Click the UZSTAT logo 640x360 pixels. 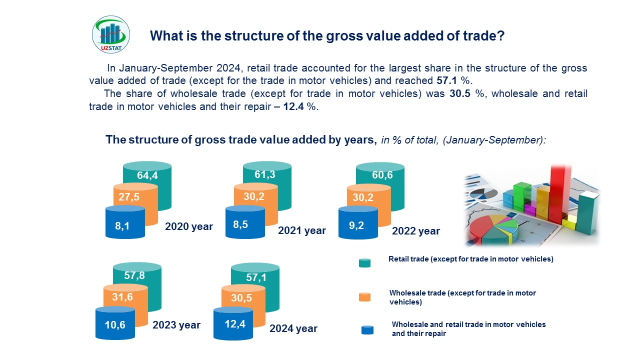pos(111,34)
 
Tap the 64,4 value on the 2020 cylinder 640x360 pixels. pos(147,175)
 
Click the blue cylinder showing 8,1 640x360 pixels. pos(125,222)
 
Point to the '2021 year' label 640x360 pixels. pos(301,230)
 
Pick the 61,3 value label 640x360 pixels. pos(265,174)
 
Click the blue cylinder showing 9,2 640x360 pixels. pos(358,222)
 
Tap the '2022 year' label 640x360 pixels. pos(415,231)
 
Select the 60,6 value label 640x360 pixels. pos(382,175)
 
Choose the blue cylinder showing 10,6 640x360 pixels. pos(115,323)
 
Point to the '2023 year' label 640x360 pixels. pos(176,325)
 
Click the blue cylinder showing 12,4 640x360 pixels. pos(233,323)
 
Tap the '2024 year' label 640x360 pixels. pos(293,328)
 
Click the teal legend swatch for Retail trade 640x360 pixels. pos(364,263)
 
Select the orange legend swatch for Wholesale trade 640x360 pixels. pos(364,297)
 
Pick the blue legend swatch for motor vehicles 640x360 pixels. pos(367,330)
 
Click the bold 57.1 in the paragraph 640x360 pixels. pos(446,80)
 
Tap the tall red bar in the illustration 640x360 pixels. pos(559,194)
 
